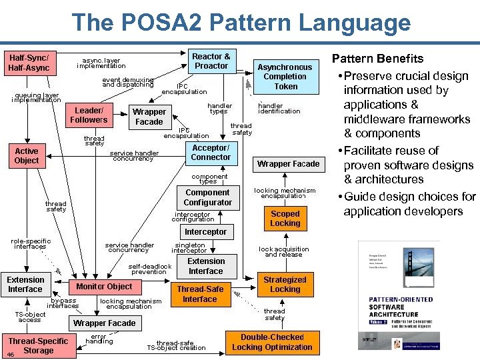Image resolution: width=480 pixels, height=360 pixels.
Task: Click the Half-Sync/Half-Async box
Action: click(29, 63)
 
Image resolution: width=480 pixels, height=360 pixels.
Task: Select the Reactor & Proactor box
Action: click(211, 61)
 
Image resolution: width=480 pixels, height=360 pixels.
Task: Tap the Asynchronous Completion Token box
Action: click(285, 77)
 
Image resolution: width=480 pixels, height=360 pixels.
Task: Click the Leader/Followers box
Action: click(89, 115)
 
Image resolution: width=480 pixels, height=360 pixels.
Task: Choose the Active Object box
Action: click(27, 155)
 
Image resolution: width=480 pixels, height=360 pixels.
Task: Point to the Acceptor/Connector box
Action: click(211, 153)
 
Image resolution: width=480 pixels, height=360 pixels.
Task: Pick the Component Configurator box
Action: click(207, 197)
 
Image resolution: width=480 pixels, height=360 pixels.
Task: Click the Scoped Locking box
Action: click(285, 219)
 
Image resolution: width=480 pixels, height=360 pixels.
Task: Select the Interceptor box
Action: click(205, 232)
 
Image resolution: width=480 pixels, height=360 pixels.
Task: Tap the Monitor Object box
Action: click(104, 286)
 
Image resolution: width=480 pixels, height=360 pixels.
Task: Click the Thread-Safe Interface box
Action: click(200, 294)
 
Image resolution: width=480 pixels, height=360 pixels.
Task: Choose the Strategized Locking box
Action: click(285, 285)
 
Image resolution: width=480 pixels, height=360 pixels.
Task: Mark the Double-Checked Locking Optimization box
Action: click(272, 342)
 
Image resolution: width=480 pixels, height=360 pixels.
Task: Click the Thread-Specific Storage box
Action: click(38, 345)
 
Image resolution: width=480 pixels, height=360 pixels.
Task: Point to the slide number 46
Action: click(10, 354)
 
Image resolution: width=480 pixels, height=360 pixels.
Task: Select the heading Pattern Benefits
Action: click(377, 59)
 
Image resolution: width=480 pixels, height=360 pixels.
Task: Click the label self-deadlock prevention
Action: click(147, 269)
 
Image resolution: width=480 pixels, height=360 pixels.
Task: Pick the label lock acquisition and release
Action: click(283, 252)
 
